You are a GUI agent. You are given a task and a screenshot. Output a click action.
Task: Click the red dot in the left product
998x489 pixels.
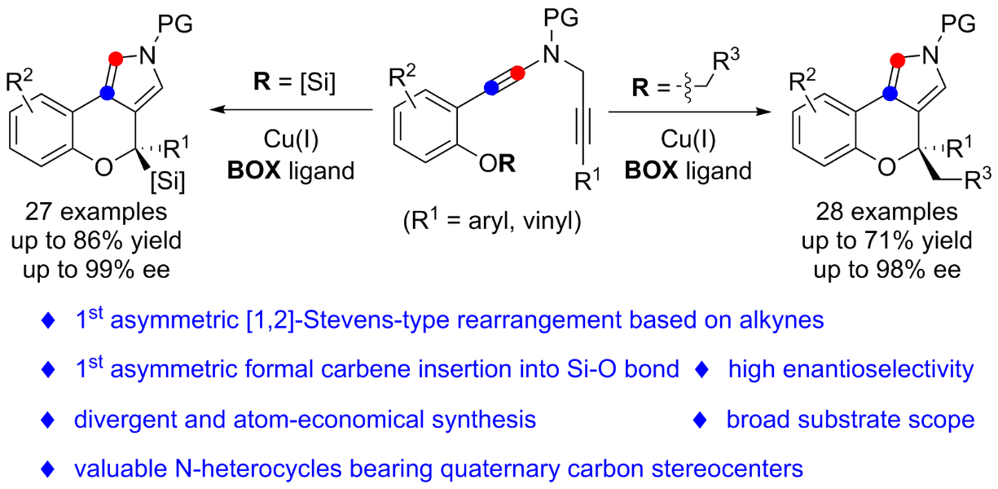[117, 58]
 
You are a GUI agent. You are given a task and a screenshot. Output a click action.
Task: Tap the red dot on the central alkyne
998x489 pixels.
[520, 74]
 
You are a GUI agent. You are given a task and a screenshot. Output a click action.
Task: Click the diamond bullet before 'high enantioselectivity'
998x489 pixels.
[703, 371]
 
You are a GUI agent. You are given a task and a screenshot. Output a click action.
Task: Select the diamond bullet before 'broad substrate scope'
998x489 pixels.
[699, 420]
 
